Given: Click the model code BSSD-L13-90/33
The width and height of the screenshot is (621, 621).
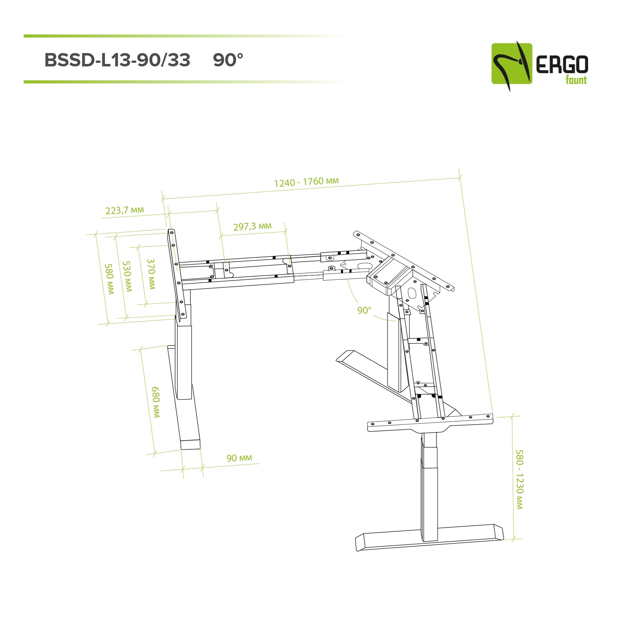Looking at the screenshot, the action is click(117, 60).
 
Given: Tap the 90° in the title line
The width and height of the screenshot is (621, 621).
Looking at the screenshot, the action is click(228, 60).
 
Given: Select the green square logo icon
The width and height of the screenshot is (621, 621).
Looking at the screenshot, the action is click(511, 64).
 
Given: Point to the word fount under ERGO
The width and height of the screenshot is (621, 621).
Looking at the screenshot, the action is click(576, 80).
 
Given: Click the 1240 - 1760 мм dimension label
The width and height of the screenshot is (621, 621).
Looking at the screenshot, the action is click(306, 182).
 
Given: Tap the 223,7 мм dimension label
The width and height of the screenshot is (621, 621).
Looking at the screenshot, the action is click(125, 210).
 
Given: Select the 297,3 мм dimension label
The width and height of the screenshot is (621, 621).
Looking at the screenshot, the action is click(252, 226).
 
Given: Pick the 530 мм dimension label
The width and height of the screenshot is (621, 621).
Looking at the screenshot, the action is click(127, 276).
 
